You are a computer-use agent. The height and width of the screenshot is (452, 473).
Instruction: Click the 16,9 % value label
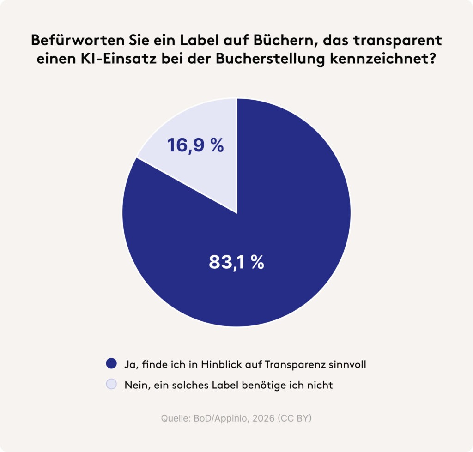pos(195,145)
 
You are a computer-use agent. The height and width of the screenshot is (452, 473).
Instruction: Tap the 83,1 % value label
pos(236,262)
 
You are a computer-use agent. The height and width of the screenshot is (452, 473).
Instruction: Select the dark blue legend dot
pos(111,363)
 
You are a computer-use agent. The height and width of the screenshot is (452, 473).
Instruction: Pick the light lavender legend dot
pos(111,384)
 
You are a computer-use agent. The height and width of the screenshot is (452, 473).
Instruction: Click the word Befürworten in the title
pos(78,41)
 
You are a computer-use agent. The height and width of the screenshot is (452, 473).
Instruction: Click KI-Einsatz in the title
pos(118,59)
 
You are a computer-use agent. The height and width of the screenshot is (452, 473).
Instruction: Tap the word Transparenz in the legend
pos(295,365)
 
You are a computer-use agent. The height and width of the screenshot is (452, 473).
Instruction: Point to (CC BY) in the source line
pos(294,419)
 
